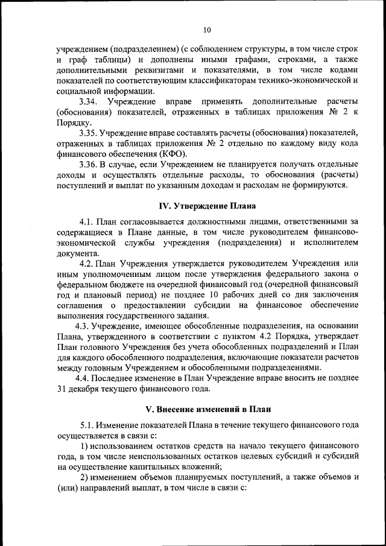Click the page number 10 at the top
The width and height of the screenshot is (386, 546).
click(207, 30)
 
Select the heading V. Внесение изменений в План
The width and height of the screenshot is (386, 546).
click(207, 409)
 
